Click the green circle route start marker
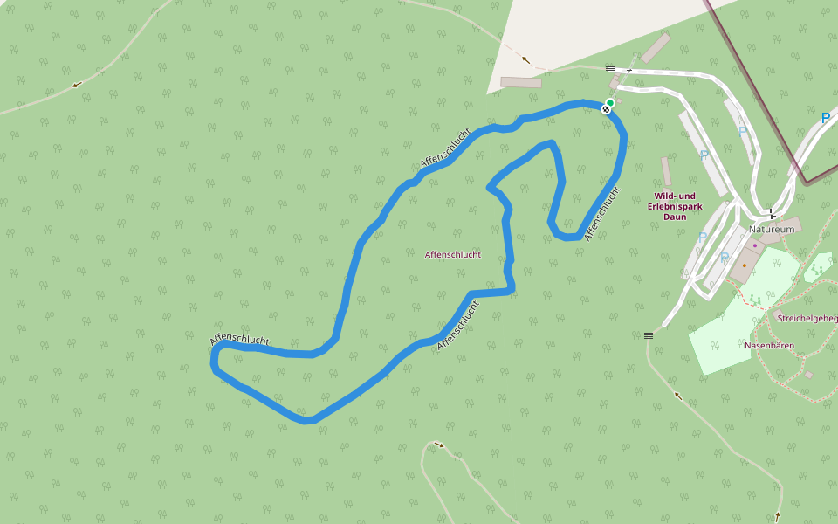[x=610, y=103]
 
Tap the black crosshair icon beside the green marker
[x=605, y=109]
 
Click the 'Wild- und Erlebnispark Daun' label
[x=675, y=206]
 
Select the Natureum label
[x=772, y=229]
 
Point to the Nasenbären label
[x=769, y=346]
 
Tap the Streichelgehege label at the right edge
[x=807, y=318]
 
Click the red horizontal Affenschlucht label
[x=452, y=255]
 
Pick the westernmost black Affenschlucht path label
[x=239, y=340]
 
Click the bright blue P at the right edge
[x=825, y=118]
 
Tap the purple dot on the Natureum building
[x=755, y=245]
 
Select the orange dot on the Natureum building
[x=745, y=265]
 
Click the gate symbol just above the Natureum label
[x=772, y=213]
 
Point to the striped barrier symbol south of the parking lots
[x=649, y=335]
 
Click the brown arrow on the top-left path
[x=77, y=85]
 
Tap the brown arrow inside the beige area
[x=525, y=59]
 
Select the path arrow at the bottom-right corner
[x=777, y=516]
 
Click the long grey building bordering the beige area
[x=521, y=82]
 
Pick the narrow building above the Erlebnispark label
[x=666, y=171]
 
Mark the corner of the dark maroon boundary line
[x=807, y=183]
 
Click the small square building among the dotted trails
[x=808, y=375]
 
